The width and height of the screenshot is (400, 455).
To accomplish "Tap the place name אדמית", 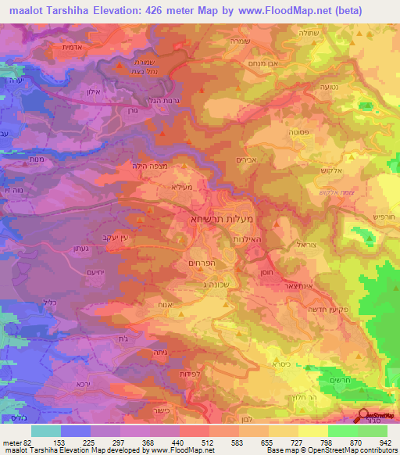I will (x=73, y=47).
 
